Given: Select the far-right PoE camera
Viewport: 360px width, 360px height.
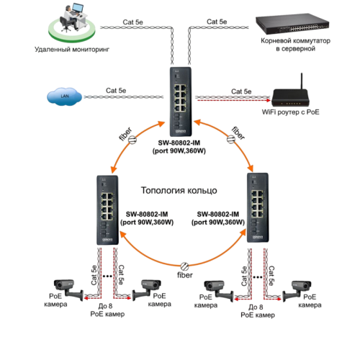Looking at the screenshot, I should pos(295,289).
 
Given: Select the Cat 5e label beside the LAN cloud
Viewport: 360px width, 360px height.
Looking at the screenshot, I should pos(117,90).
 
